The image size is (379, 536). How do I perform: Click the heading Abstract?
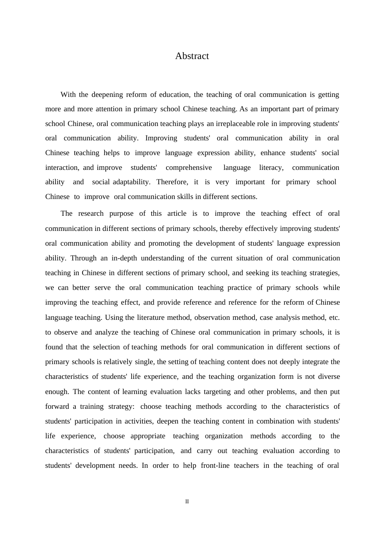pos(192,56)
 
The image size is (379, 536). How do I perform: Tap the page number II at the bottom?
pos(187,501)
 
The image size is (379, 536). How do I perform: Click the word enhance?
pos(272,153)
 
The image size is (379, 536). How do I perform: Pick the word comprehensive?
pos(189,167)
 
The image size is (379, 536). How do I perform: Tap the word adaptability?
pos(131,182)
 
